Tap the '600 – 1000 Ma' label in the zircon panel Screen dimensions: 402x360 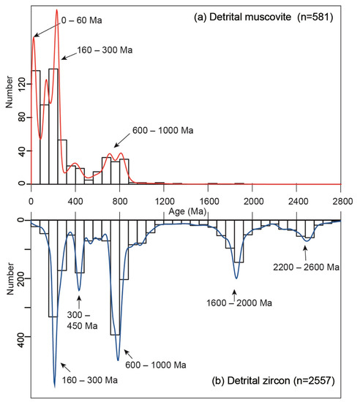[x=155, y=364]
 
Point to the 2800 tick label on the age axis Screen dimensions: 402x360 [x=342, y=200]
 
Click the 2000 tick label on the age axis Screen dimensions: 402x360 [x=252, y=200]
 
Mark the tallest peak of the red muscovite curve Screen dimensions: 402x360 [x=56, y=11]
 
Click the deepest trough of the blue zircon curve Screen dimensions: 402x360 [x=54, y=385]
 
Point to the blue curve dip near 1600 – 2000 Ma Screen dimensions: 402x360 [x=236, y=278]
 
